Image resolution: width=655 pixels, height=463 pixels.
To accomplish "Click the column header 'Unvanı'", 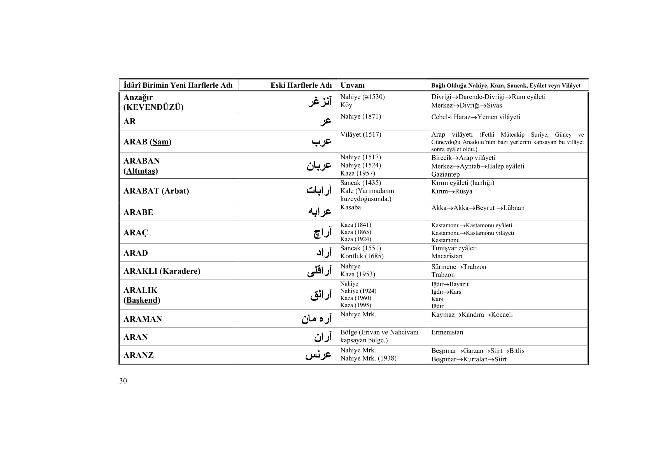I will pyautogui.click(x=352, y=85).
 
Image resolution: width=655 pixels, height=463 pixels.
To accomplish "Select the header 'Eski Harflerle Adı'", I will pyautogui.click(x=301, y=85).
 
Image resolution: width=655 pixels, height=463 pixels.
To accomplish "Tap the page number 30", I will pyautogui.click(x=123, y=381).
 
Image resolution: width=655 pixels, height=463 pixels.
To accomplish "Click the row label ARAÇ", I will pyautogui.click(x=136, y=233).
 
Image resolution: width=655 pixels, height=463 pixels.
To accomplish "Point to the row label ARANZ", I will pyautogui.click(x=138, y=355).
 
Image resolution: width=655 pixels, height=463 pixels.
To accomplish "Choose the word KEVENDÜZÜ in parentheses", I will pyautogui.click(x=153, y=107).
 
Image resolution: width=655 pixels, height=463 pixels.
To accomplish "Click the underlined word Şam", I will pyautogui.click(x=160, y=142).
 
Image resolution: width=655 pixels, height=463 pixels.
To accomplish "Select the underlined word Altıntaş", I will pyautogui.click(x=141, y=171).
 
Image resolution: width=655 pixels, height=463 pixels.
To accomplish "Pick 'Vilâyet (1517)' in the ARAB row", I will pyautogui.click(x=361, y=135).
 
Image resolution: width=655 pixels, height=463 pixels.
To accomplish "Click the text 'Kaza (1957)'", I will pyautogui.click(x=357, y=173).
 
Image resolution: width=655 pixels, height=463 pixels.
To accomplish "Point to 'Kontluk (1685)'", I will pyautogui.click(x=362, y=256).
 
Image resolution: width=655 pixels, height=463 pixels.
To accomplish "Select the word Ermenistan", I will pyautogui.click(x=447, y=333).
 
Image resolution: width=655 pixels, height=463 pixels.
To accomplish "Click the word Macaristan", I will pyautogui.click(x=447, y=256).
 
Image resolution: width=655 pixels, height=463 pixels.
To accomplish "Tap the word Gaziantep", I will pyautogui.click(x=445, y=174).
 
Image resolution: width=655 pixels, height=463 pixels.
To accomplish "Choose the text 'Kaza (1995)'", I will pyautogui.click(x=355, y=305).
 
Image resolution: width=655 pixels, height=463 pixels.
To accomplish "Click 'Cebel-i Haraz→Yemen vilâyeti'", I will pyautogui.click(x=475, y=117).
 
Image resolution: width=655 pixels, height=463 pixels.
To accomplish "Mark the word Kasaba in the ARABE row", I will pyautogui.click(x=350, y=207).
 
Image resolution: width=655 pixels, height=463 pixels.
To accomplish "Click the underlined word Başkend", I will pyautogui.click(x=142, y=300).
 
